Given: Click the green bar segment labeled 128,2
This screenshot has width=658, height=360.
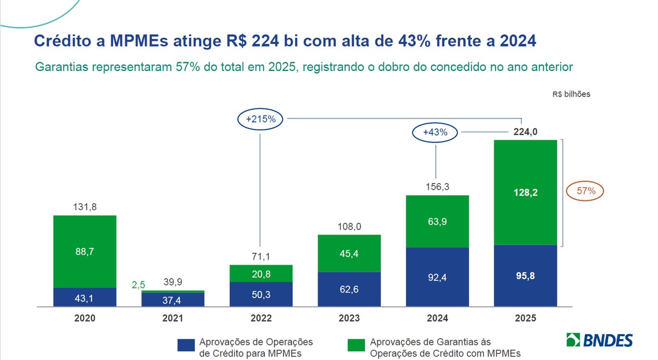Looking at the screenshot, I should coord(525,192).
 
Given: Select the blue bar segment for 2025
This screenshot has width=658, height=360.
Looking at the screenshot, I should coord(525,275).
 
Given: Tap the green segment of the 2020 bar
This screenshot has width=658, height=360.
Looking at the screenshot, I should coord(85,251).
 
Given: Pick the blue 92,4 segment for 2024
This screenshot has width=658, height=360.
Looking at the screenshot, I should coord(437,276).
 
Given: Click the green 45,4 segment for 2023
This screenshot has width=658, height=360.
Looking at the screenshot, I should coord(349,253).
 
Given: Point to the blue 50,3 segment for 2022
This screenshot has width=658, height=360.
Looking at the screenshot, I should coord(261,294).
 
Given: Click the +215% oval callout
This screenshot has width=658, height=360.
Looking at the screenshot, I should coord(260,119).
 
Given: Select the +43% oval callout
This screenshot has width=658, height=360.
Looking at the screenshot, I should coord(436,132).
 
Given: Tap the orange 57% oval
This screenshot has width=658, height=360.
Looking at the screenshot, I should coord(585,191).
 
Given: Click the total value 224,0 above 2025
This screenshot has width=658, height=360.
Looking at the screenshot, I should coord(525,132).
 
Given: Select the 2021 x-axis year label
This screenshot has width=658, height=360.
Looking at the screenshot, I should coord(173,318).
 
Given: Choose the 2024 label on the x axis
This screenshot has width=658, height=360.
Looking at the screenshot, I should coord(437,318).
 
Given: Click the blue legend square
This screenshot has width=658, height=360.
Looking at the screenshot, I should coord(185,345).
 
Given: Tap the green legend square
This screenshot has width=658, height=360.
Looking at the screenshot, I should coord(356,345).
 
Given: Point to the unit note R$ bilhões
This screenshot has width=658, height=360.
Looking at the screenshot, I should coord(570,94).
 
